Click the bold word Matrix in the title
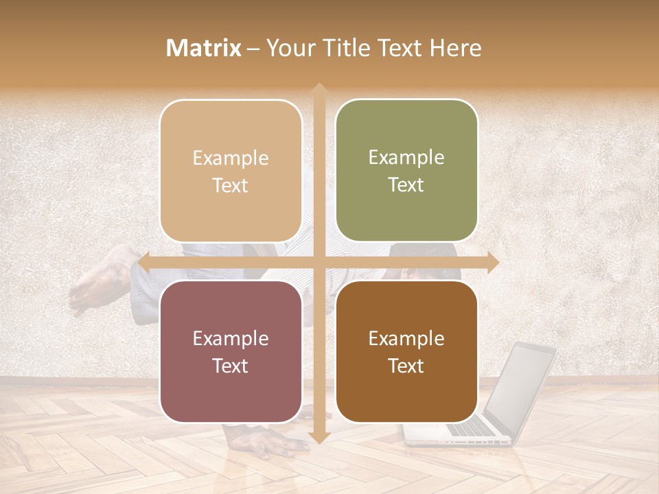click(x=204, y=48)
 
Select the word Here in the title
click(x=455, y=48)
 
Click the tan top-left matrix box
click(x=231, y=171)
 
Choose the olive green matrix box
click(x=406, y=171)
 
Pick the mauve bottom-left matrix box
click(x=231, y=351)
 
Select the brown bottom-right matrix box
click(x=406, y=351)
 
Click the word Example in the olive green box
click(x=406, y=157)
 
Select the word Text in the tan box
click(x=231, y=185)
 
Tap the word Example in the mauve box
click(x=231, y=338)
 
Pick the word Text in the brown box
click(x=406, y=366)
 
